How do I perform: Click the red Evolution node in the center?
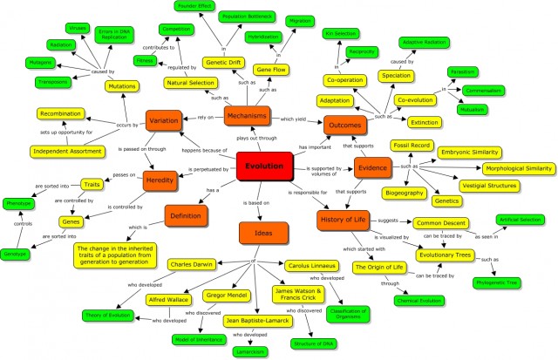pyautogui.click(x=263, y=166)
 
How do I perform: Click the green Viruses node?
pyautogui.click(x=78, y=28)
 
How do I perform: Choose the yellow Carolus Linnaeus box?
pyautogui.click(x=313, y=265)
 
